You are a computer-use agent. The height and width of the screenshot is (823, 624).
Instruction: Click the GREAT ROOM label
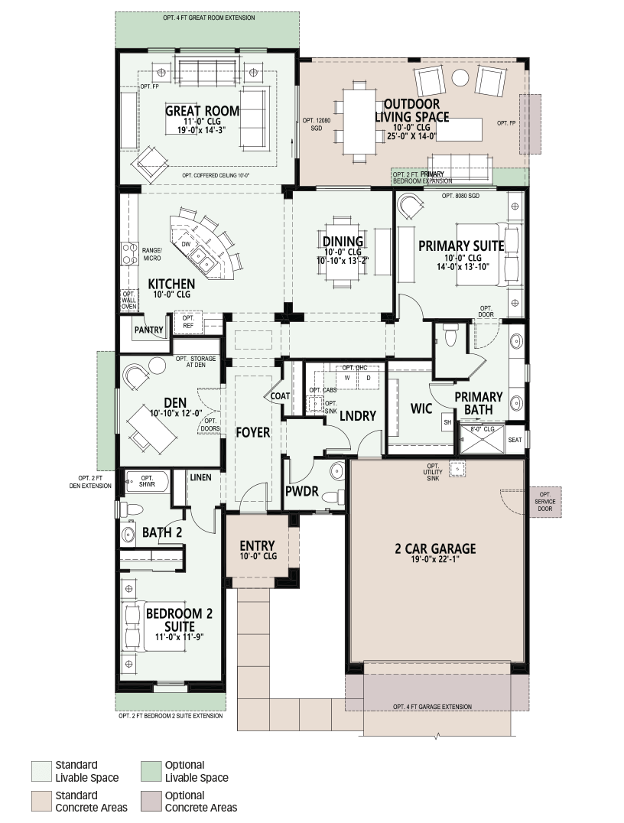[x=202, y=111]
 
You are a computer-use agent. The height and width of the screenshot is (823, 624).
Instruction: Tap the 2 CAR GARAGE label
[x=435, y=548]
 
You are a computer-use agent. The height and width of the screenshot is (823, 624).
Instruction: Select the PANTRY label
[x=148, y=330]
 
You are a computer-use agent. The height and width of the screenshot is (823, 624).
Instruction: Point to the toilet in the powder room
[x=333, y=496]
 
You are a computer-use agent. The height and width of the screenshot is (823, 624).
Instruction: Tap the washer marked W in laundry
[x=347, y=379]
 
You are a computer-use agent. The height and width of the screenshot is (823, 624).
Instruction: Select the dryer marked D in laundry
[x=369, y=379]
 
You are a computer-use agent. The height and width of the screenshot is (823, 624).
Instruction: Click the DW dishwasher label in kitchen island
[x=186, y=244]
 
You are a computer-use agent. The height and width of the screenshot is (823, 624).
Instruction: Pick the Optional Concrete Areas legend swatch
[x=151, y=802]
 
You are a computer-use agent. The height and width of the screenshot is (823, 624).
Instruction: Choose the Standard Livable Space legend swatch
[x=41, y=771]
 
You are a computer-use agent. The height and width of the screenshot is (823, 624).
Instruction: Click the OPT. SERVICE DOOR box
[x=544, y=502]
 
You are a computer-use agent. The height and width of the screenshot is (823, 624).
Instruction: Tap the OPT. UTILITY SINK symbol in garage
[x=457, y=469]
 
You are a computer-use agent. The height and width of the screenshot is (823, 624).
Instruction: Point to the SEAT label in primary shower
[x=515, y=439]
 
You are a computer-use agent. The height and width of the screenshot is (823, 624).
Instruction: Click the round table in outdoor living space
[x=460, y=78]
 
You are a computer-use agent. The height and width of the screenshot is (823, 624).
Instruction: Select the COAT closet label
[x=280, y=395]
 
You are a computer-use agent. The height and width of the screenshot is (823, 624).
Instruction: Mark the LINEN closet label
[x=200, y=477]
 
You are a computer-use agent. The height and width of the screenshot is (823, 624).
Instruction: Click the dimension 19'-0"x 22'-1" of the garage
[x=435, y=560]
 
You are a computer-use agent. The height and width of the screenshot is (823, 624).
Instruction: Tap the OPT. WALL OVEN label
[x=129, y=301]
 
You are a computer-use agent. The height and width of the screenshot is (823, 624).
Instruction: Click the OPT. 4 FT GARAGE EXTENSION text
[x=433, y=707]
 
